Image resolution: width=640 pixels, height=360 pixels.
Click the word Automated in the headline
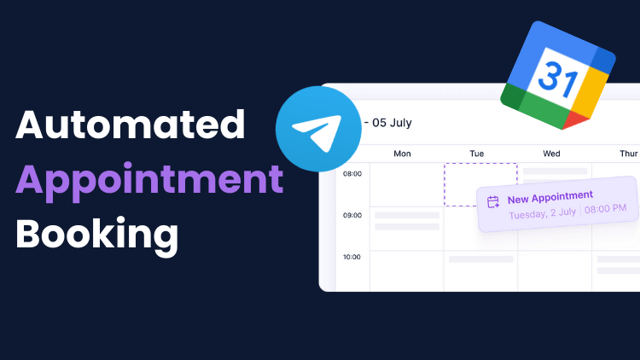131,125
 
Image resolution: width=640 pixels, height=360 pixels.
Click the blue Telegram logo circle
318,129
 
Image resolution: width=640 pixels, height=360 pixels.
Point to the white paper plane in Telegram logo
317,132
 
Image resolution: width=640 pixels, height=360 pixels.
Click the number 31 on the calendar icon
558,79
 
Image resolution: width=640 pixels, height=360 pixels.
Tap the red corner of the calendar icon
575,120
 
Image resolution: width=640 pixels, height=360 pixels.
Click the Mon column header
402,154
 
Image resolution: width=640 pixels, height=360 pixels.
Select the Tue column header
477,154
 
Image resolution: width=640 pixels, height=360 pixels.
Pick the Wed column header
551,154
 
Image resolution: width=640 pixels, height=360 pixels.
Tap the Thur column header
629,154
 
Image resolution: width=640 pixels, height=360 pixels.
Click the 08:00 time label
352,174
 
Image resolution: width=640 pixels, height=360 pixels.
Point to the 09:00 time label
352,216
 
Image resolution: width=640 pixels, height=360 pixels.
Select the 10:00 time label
352,257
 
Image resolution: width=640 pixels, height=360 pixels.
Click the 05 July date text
392,123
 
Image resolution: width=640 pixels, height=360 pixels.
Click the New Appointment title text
550,198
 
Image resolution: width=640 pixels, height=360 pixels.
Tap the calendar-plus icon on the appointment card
493,202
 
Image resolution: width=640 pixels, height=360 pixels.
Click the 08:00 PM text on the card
605,209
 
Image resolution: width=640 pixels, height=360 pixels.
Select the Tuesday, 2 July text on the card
543,213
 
